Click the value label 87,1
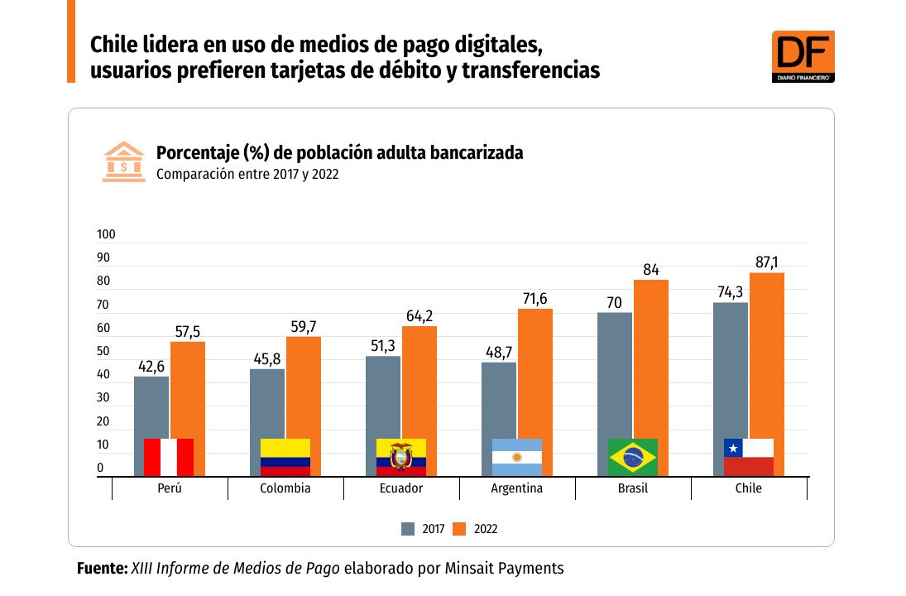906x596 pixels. pyautogui.click(x=766, y=262)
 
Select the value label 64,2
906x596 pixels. pyautogui.click(x=419, y=316)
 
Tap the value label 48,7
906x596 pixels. pyautogui.click(x=499, y=353)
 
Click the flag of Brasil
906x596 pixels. pyautogui.click(x=632, y=457)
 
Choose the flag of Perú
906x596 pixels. pyautogui.click(x=169, y=457)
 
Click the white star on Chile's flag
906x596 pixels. pyautogui.click(x=732, y=448)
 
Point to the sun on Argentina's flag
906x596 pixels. pyautogui.click(x=516, y=457)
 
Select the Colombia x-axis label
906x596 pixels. pyautogui.click(x=285, y=488)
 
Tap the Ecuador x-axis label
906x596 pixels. pyautogui.click(x=400, y=488)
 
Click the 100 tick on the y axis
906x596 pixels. pyautogui.click(x=106, y=235)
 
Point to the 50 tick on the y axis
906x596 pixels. pyautogui.click(x=103, y=352)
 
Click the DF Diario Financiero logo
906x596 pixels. pyautogui.click(x=802, y=56)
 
